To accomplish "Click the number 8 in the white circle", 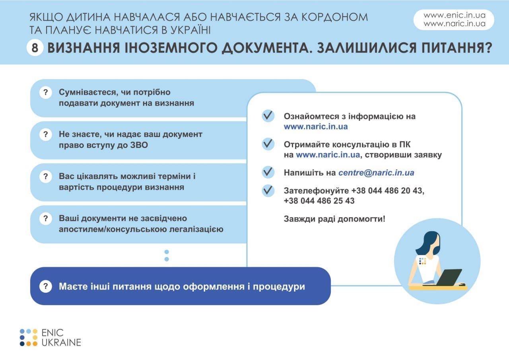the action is click(x=35, y=48).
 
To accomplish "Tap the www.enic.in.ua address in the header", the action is click(x=455, y=15).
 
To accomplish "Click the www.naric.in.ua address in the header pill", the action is click(x=455, y=23).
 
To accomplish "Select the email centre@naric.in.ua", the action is click(x=376, y=173).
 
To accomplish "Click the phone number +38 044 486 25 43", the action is click(x=319, y=200).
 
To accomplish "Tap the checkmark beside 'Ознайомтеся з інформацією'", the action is click(x=268, y=116).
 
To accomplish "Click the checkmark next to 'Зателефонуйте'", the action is click(x=268, y=190).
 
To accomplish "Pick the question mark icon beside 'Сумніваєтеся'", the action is click(x=46, y=93).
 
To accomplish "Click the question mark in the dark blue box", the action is click(x=46, y=286).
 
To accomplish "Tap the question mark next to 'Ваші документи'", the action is click(x=46, y=218).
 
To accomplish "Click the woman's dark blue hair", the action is click(x=428, y=243).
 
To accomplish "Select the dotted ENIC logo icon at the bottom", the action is click(x=29, y=337).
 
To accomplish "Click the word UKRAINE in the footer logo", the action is click(x=61, y=342).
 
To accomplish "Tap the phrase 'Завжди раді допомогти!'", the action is click(x=334, y=219).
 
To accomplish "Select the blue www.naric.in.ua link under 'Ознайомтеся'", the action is click(x=316, y=126).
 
